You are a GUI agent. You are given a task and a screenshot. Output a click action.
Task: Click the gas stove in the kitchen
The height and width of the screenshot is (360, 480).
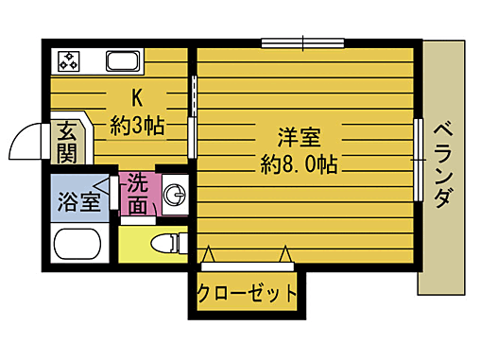point(69,62)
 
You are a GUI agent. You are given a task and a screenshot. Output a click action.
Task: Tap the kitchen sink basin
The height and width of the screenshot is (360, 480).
point(123,63)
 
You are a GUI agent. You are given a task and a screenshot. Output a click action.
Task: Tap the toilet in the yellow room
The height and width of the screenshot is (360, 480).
point(166,244)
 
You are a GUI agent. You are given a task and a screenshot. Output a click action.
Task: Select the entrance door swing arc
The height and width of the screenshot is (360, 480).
point(25,145)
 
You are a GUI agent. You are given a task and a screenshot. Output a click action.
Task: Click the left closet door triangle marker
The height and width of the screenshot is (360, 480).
point(209,253)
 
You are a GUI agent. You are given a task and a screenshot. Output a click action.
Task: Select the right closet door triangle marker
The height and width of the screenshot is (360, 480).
point(284,253)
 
